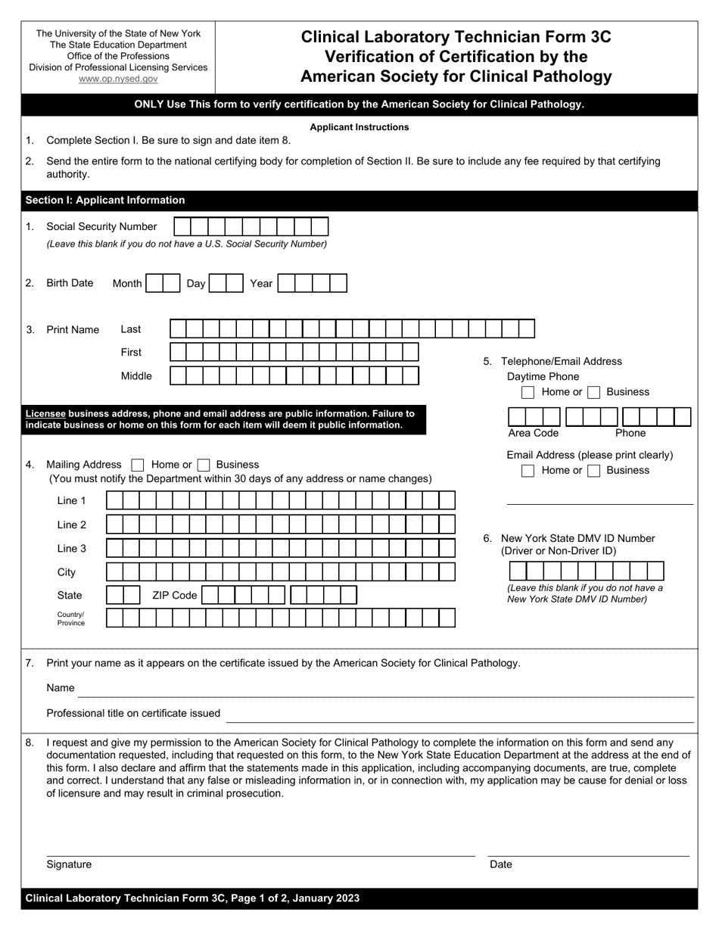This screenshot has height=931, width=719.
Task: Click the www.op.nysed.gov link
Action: (118, 79)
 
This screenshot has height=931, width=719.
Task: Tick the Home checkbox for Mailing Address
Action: (138, 465)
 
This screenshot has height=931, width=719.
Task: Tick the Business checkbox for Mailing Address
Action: (203, 465)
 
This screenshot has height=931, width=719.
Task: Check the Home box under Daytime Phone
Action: (528, 392)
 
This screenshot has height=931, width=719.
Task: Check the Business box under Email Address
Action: (594, 471)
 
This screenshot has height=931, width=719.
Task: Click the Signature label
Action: (69, 864)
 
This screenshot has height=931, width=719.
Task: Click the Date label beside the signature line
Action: (501, 864)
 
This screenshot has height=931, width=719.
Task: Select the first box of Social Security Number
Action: (182, 226)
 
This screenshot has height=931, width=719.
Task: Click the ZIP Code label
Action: (174, 596)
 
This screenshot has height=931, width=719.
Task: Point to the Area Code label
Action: (533, 433)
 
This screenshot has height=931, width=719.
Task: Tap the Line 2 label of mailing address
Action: (72, 525)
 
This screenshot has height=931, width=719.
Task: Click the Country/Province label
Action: (71, 618)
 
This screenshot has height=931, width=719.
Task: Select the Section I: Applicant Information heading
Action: (105, 201)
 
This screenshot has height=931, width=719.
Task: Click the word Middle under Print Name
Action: (136, 376)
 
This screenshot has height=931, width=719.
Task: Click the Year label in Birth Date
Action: (261, 283)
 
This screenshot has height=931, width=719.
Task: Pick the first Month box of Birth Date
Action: (154, 283)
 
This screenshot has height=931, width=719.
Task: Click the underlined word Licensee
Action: (45, 414)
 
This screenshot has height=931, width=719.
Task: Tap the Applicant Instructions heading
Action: (359, 127)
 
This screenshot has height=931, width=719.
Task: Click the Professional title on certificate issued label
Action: (133, 713)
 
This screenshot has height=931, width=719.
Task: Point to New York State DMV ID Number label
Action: (577, 538)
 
